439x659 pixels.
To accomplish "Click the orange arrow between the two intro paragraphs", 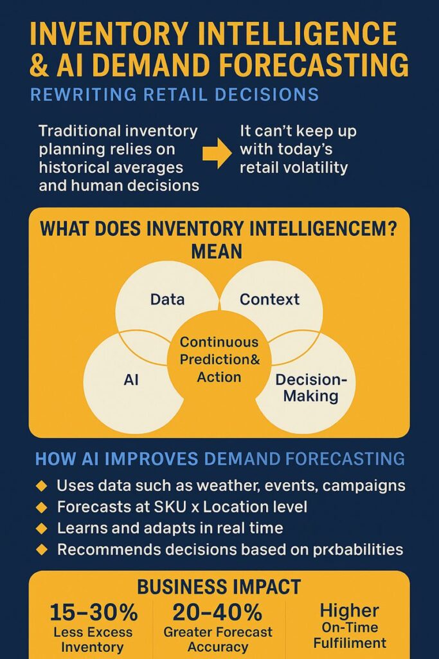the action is (x=217, y=153).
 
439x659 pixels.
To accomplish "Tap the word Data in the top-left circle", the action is (x=168, y=299).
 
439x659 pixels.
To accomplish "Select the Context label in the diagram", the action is (x=269, y=299).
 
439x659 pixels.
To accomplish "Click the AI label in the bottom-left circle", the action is (x=131, y=380).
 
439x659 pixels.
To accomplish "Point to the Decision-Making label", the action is (x=311, y=387).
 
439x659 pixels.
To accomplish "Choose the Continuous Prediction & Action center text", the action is (x=220, y=359).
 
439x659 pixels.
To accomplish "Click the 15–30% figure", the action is (x=94, y=613).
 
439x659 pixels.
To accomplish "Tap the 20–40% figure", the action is (x=217, y=613).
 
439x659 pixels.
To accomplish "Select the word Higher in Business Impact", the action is (x=349, y=611).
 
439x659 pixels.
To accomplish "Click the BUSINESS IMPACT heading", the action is (x=219, y=587).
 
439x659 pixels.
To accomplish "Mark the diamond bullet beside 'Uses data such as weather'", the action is (x=42, y=486).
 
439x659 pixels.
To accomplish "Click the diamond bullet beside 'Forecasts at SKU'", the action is (x=42, y=507).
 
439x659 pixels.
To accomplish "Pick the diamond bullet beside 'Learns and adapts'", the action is (x=42, y=528).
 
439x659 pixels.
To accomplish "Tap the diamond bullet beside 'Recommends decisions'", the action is (x=42, y=550).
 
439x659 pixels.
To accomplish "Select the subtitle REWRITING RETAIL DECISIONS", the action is (x=175, y=95).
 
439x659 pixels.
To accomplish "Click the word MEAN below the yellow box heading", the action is (x=217, y=252).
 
